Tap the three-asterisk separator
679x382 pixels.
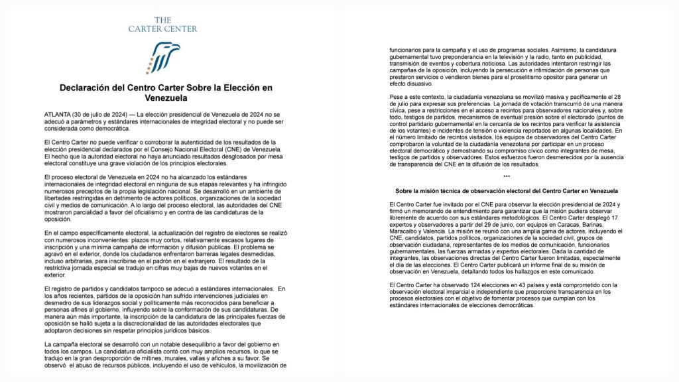[x=507, y=176]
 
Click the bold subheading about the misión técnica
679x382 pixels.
[x=507, y=191]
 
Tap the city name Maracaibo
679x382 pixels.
[x=404, y=231]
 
